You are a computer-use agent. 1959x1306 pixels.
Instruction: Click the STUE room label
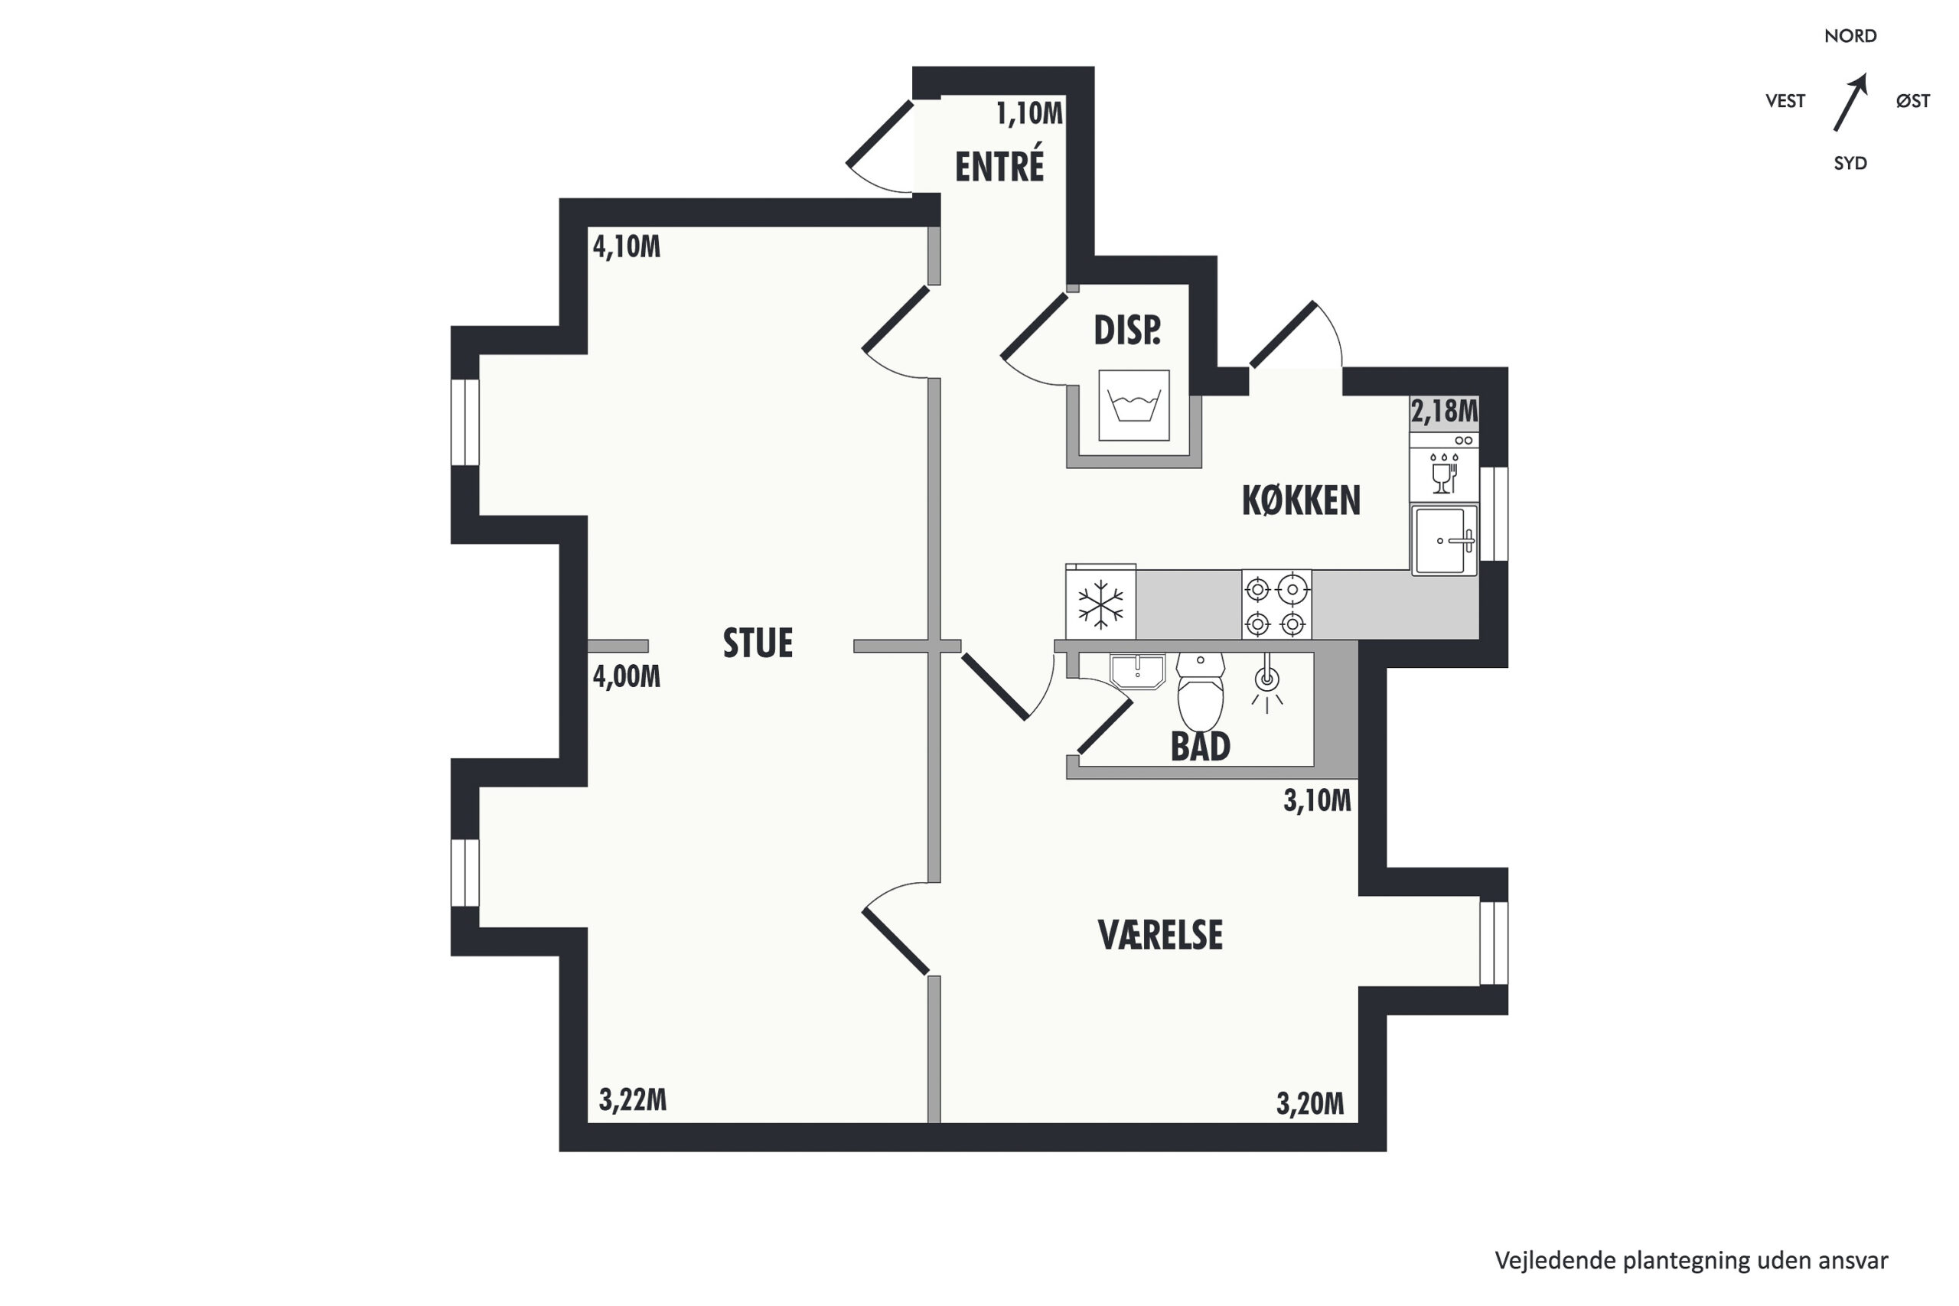pos(757,643)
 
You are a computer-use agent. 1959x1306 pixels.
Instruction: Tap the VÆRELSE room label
pos(1160,936)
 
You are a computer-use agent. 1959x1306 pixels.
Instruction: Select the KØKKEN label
pos(1301,500)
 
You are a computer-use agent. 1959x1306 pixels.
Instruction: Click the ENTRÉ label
pos(999,165)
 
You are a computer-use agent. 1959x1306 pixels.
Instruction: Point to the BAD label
pos(1200,746)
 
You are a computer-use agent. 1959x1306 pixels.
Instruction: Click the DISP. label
pos(1127,331)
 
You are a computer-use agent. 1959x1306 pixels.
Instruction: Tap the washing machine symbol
pos(1133,405)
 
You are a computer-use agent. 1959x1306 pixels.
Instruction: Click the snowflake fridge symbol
pos(1100,603)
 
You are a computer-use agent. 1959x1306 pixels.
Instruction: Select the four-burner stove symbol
pos(1276,605)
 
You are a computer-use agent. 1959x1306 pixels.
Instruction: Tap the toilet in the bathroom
pos(1200,692)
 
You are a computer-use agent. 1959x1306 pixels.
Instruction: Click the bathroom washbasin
pos(1138,671)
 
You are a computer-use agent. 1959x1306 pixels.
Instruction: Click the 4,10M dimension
pos(627,246)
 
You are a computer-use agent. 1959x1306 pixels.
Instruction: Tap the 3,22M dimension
pos(633,1100)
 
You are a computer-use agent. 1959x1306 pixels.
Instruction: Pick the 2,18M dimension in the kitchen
pos(1444,411)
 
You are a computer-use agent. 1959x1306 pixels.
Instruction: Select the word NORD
pos(1851,36)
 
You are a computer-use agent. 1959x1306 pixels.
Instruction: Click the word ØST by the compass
pos(1913,101)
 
